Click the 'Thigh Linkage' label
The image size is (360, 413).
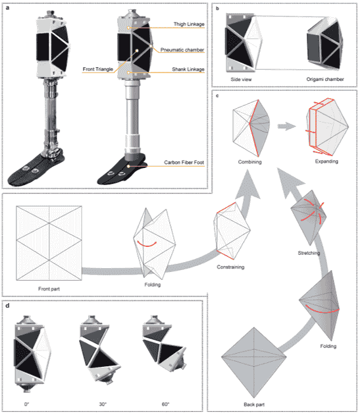pos(189,24)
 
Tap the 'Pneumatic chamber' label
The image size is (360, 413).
pos(182,50)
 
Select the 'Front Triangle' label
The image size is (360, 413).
pos(97,69)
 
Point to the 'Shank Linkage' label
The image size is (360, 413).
pos(188,69)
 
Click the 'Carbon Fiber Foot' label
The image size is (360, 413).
pos(184,162)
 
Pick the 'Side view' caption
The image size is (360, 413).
pos(241,79)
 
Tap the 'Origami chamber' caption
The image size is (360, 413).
pos(325,79)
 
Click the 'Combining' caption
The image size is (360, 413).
pos(249,162)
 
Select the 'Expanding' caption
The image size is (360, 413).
pos(326,161)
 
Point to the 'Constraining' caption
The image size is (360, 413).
pos(230,267)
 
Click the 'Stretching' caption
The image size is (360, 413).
pos(309,253)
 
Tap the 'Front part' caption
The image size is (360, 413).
pos(49,289)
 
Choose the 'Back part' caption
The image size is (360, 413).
pos(254,404)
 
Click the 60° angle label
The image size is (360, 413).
pos(166,404)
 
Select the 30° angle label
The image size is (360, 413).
pos(103,404)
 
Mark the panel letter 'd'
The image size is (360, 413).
pos(7,306)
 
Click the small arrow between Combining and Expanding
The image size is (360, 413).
pos(286,126)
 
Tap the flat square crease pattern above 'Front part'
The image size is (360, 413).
pos(49,243)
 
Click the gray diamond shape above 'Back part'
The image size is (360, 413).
pos(253,362)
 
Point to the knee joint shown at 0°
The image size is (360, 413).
pos(31,354)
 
